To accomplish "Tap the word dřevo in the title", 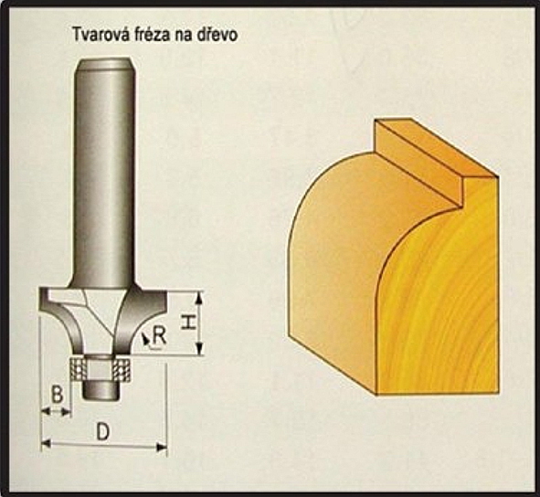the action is tap(217, 35).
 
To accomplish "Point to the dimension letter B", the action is tap(58, 395).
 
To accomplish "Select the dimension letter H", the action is tap(187, 323).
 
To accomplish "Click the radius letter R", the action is tap(160, 335).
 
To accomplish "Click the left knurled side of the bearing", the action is tap(79, 369).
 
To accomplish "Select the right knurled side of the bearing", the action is tap(122, 369).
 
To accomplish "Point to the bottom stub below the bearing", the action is tap(101, 391).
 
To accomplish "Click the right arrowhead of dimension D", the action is tap(162, 448).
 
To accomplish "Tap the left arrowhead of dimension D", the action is tap(47, 443).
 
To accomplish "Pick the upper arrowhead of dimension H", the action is tap(198, 298).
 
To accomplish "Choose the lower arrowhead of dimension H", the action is tap(198, 349).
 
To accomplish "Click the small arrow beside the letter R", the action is tap(146, 339).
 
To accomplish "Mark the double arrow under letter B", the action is tap(56, 411).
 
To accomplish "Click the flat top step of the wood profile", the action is tap(437, 148).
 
